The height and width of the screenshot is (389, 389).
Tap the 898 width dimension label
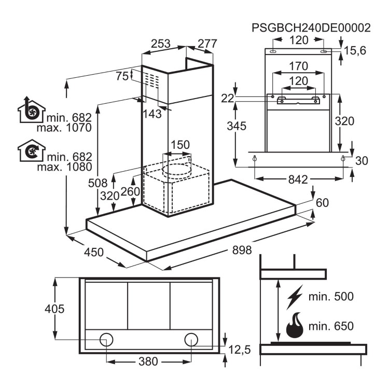(x=242, y=251)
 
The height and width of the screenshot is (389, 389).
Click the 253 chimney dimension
(x=160, y=45)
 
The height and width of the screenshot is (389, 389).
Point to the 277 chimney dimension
(x=207, y=45)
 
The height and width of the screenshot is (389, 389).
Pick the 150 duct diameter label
(x=180, y=145)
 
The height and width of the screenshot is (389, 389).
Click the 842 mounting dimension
(x=298, y=179)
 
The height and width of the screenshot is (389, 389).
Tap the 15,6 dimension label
(x=356, y=50)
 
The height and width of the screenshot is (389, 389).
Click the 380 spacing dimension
(x=148, y=361)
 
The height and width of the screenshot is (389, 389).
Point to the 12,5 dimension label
(x=239, y=350)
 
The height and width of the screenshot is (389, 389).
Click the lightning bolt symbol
(x=295, y=297)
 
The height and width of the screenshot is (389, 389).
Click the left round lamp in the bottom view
(x=107, y=339)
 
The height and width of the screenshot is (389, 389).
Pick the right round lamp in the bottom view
(x=190, y=339)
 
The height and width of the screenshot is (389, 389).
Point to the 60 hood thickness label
(x=322, y=202)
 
